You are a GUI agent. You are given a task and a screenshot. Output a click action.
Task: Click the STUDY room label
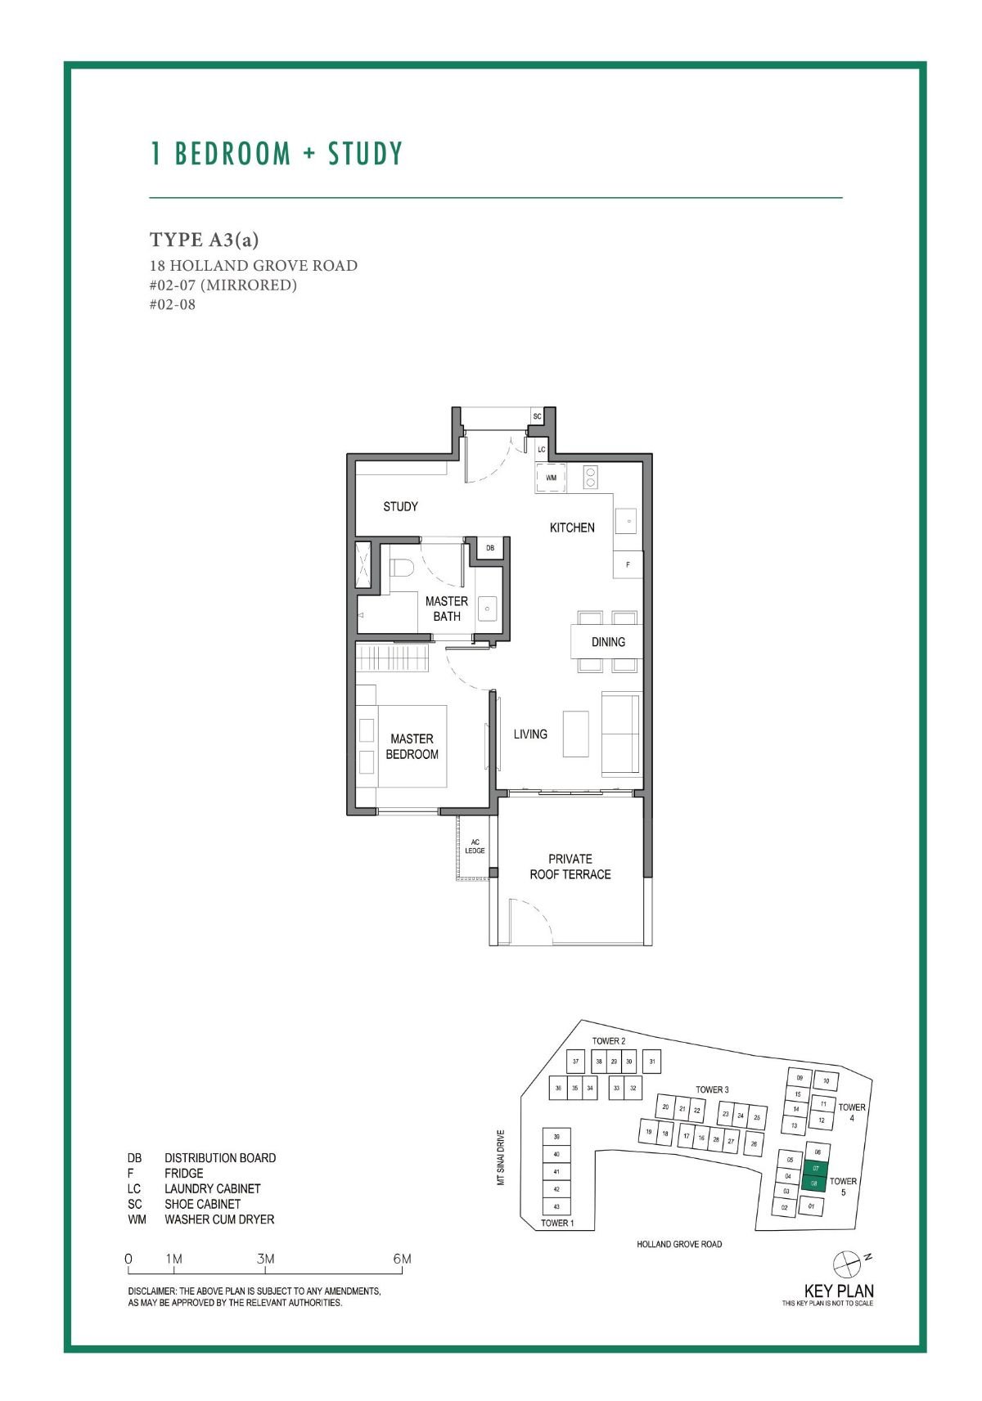click(x=400, y=507)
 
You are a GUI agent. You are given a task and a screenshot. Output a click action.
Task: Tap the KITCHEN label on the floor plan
click(x=572, y=528)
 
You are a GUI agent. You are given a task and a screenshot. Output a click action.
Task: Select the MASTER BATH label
click(x=446, y=608)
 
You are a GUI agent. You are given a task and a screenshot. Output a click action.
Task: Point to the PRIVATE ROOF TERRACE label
click(x=570, y=867)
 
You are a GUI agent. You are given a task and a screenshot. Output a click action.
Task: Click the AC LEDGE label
click(x=475, y=846)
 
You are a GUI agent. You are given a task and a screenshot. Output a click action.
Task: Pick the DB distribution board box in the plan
click(x=490, y=548)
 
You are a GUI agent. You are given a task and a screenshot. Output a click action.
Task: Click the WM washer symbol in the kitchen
click(x=551, y=478)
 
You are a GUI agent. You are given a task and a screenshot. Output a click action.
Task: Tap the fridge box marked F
click(x=628, y=564)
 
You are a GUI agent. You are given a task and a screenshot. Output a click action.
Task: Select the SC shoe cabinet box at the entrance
click(x=538, y=416)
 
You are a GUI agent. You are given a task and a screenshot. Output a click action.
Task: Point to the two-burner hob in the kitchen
click(x=590, y=477)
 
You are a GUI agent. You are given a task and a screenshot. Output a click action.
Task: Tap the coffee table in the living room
click(x=575, y=734)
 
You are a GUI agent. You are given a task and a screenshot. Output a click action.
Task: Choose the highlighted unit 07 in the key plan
click(x=816, y=1169)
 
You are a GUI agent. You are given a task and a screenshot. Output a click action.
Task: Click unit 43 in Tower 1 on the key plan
click(x=556, y=1207)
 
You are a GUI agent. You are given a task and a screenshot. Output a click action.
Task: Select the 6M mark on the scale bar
click(x=402, y=1259)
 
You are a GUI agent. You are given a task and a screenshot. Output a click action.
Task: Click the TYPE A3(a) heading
click(x=204, y=240)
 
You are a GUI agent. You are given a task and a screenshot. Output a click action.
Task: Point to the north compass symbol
click(x=846, y=1264)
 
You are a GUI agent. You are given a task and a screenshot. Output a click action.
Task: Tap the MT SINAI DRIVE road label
click(x=501, y=1157)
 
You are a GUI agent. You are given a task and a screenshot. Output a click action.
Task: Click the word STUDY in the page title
click(x=366, y=154)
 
